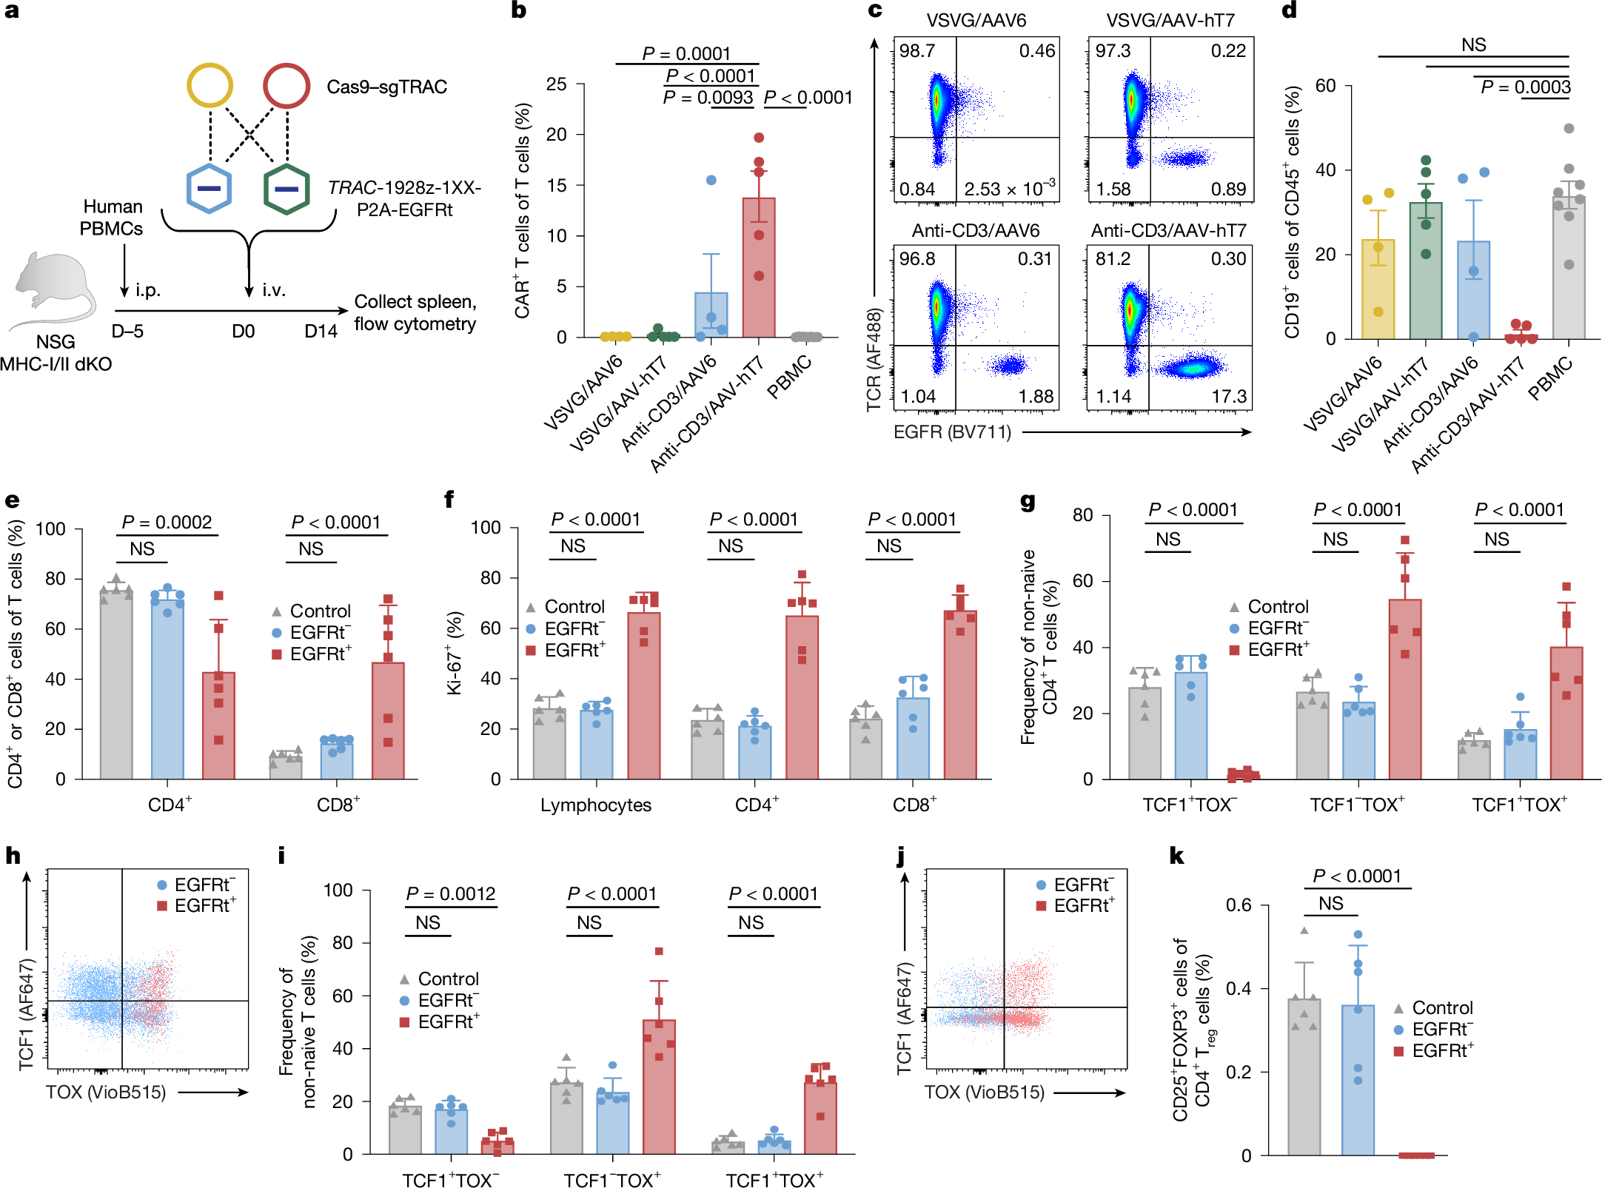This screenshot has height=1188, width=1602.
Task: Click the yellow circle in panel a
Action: pyautogui.click(x=210, y=86)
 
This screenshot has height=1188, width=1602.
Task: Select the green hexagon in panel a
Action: pyautogui.click(x=286, y=189)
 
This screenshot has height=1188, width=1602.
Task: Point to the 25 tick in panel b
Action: pyautogui.click(x=557, y=84)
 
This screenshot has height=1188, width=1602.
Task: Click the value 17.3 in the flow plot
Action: pyautogui.click(x=1229, y=397)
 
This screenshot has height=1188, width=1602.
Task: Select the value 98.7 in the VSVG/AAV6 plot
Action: pyautogui.click(x=916, y=51)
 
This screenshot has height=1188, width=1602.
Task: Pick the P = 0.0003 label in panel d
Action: pyautogui.click(x=1525, y=87)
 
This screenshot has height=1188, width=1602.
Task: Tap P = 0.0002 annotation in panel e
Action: pyautogui.click(x=167, y=523)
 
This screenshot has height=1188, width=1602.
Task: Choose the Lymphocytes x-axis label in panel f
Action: pyautogui.click(x=595, y=805)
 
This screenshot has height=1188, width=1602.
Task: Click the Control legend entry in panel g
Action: pyautogui.click(x=1278, y=607)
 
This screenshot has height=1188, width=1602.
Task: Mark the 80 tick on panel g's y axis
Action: pyautogui.click(x=1082, y=515)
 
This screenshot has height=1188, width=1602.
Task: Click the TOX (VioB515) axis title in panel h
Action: pyautogui.click(x=106, y=1093)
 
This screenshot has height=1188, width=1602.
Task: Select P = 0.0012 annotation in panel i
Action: pyautogui.click(x=450, y=894)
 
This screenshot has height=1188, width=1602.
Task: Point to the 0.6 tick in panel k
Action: pyautogui.click(x=1238, y=905)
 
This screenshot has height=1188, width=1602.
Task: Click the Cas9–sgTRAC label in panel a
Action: pyautogui.click(x=386, y=87)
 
